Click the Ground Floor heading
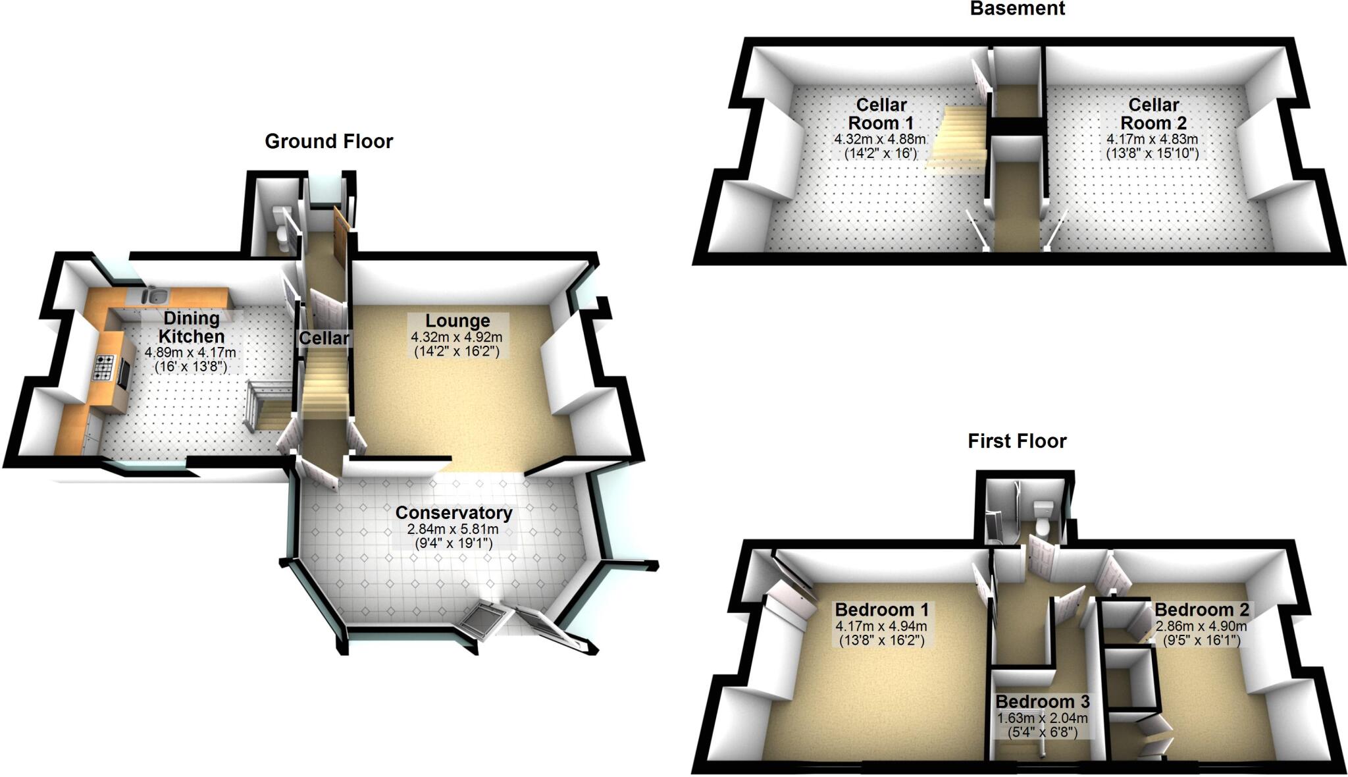click(328, 142)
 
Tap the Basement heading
click(1017, 9)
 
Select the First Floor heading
click(1017, 441)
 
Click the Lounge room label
click(457, 321)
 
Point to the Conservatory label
click(454, 512)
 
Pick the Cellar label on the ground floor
click(324, 338)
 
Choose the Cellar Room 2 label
click(1153, 114)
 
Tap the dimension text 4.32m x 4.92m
click(457, 337)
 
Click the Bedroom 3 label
click(1043, 702)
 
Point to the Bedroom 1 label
click(882, 610)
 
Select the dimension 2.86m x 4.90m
click(1201, 626)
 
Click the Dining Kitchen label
click(191, 327)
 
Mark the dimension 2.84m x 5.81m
click(453, 529)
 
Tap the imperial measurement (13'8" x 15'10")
click(1152, 153)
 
